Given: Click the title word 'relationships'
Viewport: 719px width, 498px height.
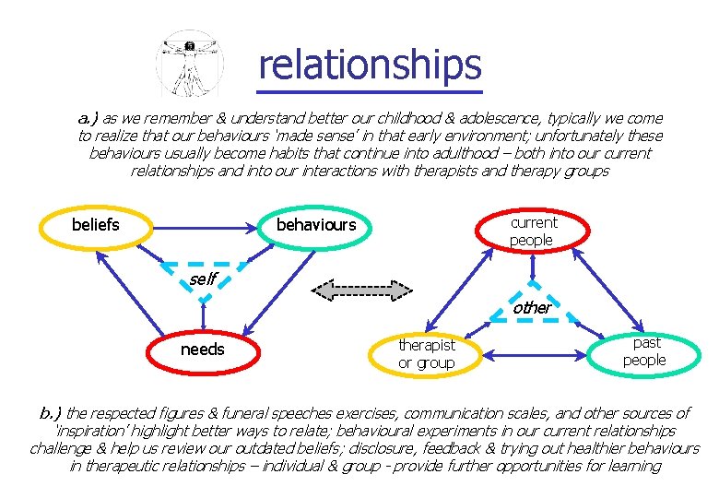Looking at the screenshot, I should point(370,65).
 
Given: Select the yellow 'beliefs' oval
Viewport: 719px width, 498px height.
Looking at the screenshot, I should point(96,224).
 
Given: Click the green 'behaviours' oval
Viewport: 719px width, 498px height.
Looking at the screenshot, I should point(316,225).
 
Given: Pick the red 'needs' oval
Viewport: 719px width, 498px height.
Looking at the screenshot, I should point(202,350).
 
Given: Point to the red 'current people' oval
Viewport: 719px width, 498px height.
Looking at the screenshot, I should point(533,231).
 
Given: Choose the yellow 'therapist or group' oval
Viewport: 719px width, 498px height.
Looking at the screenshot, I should point(426,353).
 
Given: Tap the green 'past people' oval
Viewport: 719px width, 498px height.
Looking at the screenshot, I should point(644,351).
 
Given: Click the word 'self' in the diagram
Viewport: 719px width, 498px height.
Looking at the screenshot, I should point(203,278).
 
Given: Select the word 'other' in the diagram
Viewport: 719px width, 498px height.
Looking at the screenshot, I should point(533,307).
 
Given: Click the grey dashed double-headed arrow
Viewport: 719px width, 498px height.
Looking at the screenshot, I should point(361,290).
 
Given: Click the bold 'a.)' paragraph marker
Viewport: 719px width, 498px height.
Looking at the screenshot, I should point(88,118).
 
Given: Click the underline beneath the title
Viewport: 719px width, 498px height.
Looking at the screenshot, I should point(370,90).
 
